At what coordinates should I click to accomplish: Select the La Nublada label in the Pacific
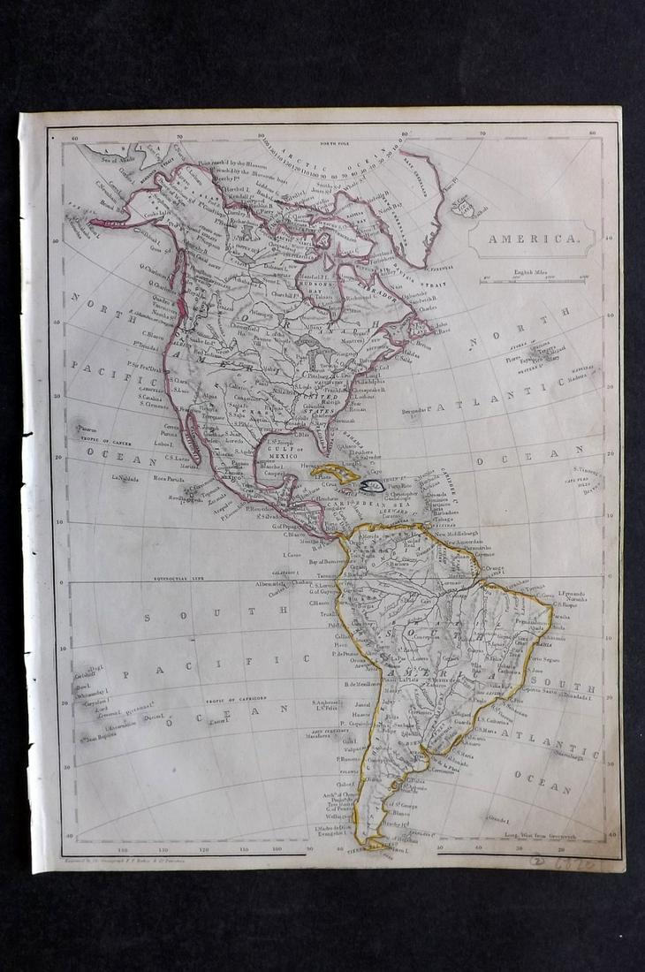click(127, 478)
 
